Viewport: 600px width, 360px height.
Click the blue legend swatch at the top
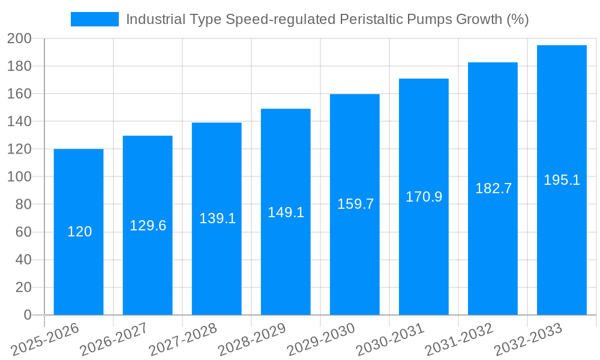point(94,19)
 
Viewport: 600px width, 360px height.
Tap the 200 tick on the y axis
point(19,38)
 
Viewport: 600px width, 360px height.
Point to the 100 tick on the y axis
point(19,177)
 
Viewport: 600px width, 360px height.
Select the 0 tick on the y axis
point(27,315)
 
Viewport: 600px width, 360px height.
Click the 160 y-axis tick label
point(19,94)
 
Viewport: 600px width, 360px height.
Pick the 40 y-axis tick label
point(23,260)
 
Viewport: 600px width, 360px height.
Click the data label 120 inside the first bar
point(79,232)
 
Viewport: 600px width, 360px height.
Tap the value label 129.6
point(148,226)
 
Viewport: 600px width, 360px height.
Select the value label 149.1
point(286,212)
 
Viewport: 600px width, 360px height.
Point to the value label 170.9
point(424,197)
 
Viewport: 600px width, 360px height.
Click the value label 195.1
point(562,180)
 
